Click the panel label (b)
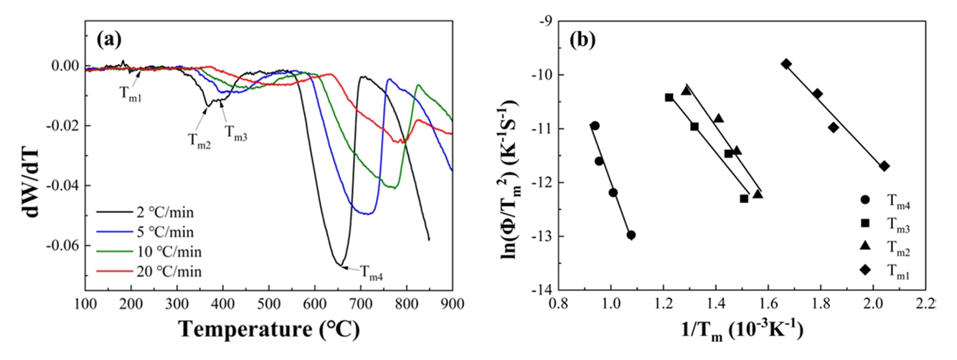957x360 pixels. tap(585, 40)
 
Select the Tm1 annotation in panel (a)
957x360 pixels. tap(130, 98)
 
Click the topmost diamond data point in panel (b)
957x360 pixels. tap(786, 64)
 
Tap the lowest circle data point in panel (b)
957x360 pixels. tap(631, 235)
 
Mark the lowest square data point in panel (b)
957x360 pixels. tap(744, 199)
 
